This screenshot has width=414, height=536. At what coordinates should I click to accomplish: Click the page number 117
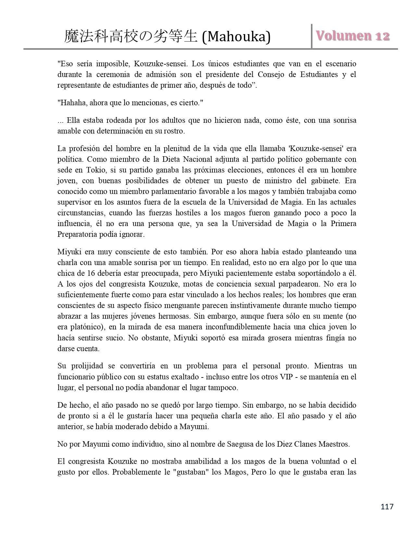click(x=387, y=506)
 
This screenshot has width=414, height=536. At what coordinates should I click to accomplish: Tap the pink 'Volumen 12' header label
click(x=353, y=36)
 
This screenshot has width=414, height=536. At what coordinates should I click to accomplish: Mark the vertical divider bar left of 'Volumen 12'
click(x=312, y=36)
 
